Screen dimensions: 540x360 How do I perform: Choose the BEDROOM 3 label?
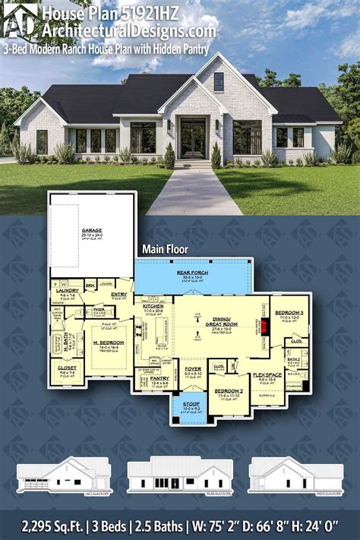coord(289,313)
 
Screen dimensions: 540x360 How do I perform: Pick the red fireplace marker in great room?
coord(266,327)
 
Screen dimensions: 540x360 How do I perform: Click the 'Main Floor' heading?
coord(163,248)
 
